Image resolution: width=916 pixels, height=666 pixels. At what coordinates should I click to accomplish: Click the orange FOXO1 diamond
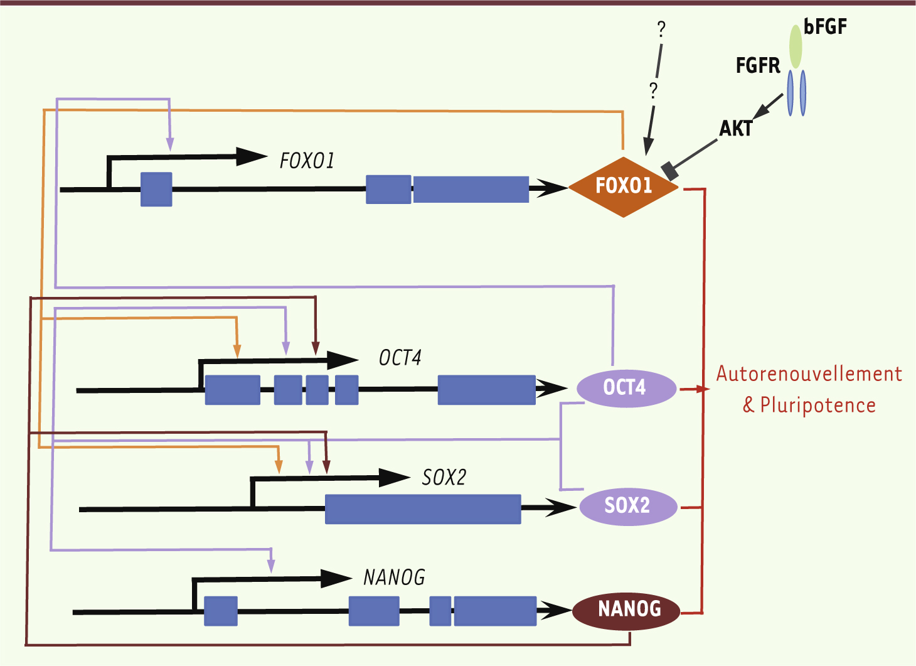point(624,186)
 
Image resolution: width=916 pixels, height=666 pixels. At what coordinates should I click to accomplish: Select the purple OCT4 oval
point(626,388)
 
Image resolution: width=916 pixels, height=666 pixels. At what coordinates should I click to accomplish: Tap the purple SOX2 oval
point(627,506)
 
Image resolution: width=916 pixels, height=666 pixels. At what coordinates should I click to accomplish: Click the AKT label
point(735,129)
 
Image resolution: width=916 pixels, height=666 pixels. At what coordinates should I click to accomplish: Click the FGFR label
point(757,65)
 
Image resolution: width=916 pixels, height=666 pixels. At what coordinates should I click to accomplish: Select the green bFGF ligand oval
point(796,47)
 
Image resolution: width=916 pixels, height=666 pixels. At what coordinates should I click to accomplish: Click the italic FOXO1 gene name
point(307,161)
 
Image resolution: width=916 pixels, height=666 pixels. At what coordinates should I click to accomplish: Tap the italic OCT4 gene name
point(400,358)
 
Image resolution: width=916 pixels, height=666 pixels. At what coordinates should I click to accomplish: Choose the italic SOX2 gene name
point(444,478)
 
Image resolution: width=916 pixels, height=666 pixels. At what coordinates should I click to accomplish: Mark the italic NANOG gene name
point(394,577)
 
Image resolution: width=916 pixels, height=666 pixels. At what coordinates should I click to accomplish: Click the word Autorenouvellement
point(809,374)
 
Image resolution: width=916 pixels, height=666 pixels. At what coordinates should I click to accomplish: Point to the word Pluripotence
point(817,406)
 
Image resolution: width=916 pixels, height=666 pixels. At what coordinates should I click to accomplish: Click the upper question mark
point(661,29)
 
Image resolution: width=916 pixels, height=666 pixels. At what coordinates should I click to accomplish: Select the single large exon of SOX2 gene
point(423,509)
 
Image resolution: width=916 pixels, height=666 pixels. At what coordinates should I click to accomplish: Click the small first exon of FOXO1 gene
point(156,189)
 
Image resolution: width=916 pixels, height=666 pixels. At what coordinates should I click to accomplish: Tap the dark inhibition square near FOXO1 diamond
point(670,170)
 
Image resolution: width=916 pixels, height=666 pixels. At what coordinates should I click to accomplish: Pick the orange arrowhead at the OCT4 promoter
point(237,352)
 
